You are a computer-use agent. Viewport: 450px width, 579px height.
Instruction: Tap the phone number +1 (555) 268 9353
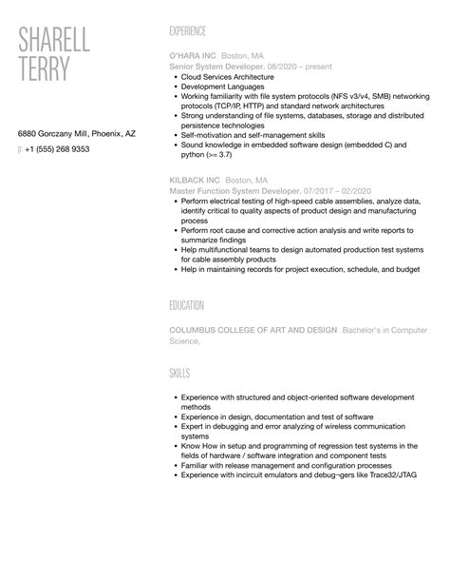tap(58, 149)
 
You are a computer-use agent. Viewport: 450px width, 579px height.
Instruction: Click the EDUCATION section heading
tap(187, 305)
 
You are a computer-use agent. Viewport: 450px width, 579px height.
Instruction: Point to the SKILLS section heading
tap(179, 374)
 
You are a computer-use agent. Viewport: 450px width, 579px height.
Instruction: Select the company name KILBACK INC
tap(196, 180)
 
